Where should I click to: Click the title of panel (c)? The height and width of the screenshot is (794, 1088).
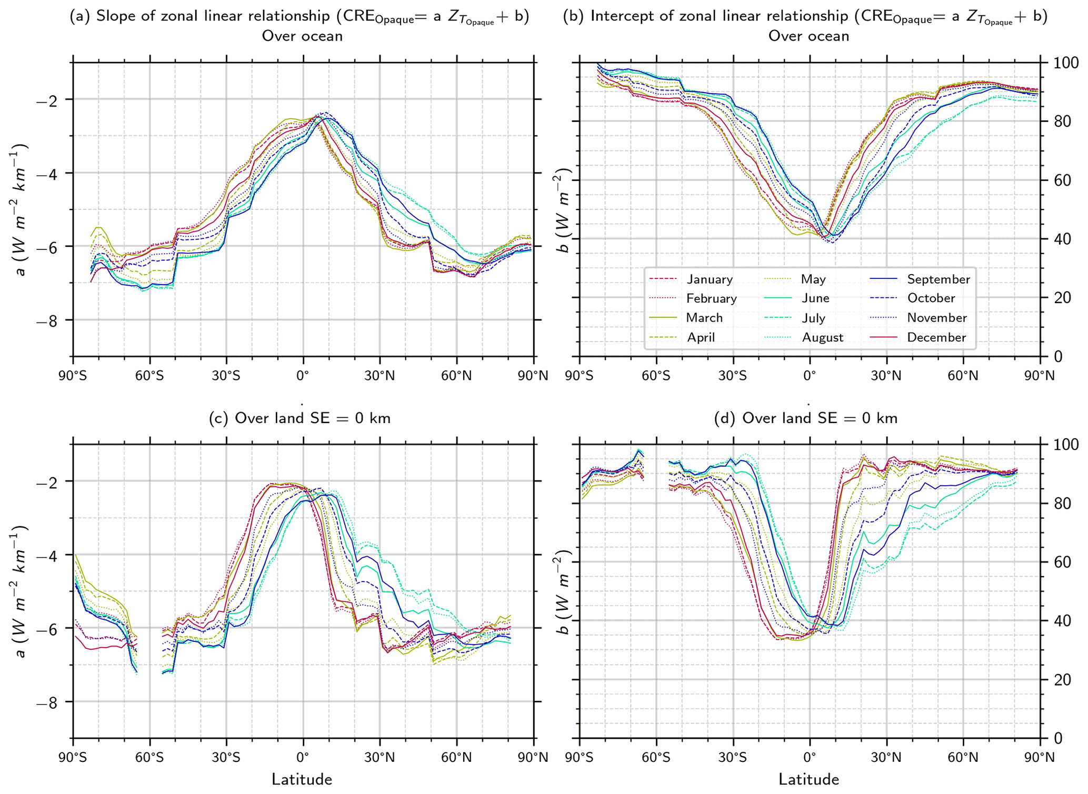click(300, 418)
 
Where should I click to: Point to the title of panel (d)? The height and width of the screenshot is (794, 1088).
click(806, 418)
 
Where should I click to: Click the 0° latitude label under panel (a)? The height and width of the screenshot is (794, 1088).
click(303, 376)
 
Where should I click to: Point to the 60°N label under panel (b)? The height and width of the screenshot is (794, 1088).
click(963, 376)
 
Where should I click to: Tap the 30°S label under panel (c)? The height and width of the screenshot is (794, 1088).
click(226, 758)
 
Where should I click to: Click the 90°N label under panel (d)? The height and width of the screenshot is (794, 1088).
click(1040, 758)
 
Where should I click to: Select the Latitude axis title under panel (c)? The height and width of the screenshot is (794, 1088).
click(302, 779)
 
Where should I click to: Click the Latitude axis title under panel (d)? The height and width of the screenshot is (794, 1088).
click(808, 779)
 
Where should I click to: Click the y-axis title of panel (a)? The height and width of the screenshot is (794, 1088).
click(19, 210)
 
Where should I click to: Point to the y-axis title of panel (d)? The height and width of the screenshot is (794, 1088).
click(563, 592)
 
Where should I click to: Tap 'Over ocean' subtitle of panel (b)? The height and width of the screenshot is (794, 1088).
click(808, 36)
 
